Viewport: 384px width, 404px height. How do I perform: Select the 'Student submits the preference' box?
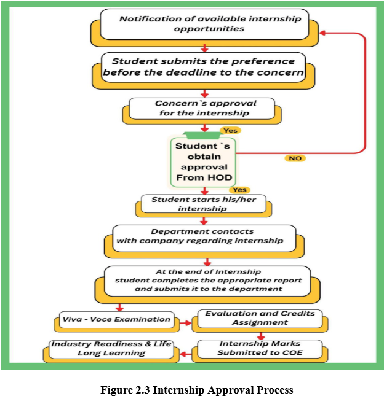pyautogui.click(x=203, y=67)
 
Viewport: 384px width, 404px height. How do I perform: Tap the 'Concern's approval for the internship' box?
pyautogui.click(x=202, y=108)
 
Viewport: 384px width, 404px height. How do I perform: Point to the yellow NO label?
pyautogui.click(x=295, y=158)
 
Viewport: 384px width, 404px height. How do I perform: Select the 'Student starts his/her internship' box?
pyautogui.click(x=203, y=204)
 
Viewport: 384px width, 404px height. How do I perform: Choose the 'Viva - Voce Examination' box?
pyautogui.click(x=116, y=319)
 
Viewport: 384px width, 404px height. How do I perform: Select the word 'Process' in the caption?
pyautogui.click(x=273, y=390)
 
